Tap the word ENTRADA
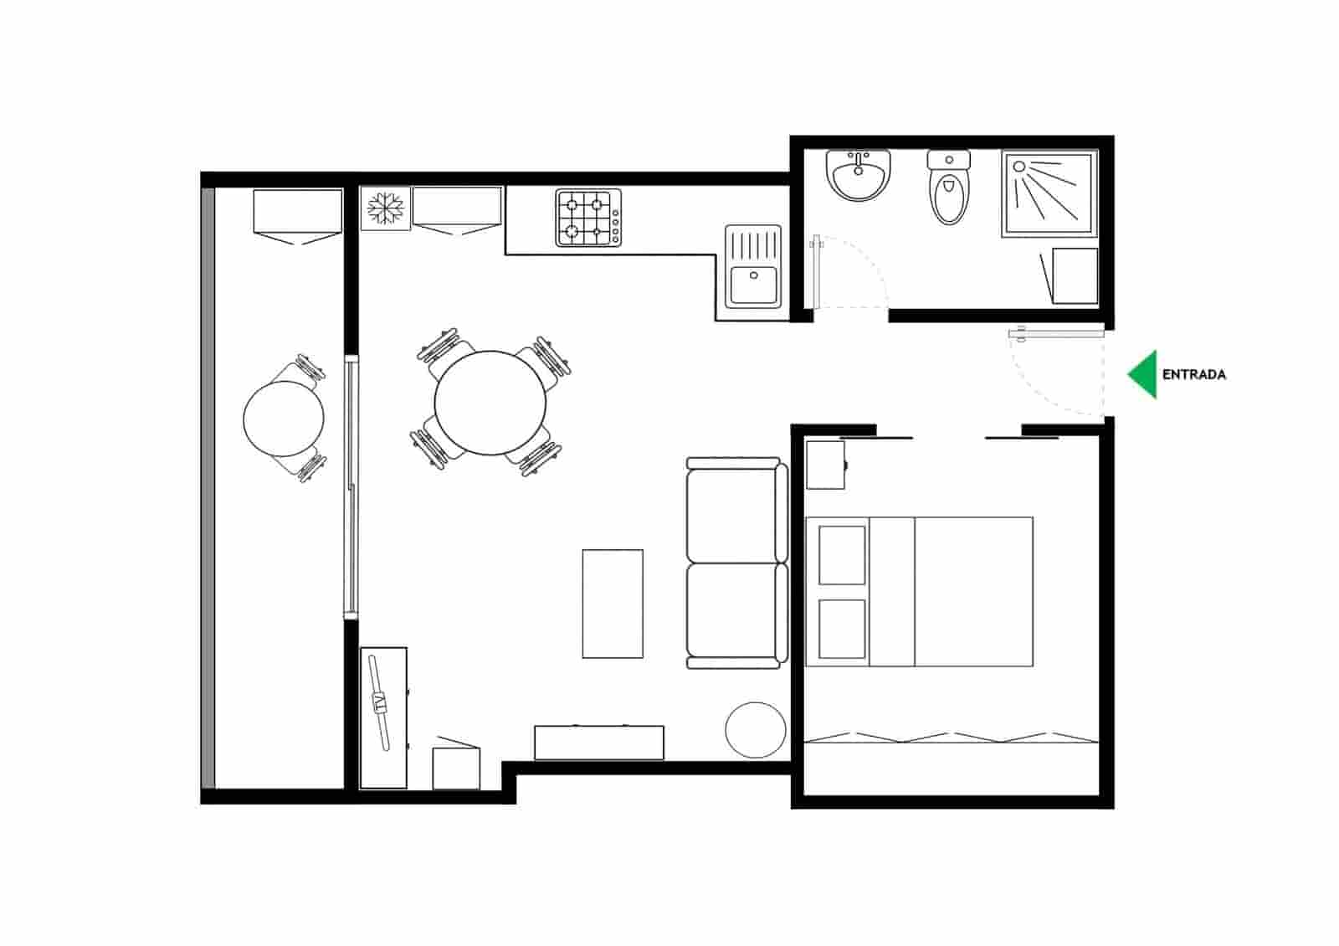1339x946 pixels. (x=1193, y=375)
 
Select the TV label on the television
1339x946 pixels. (x=382, y=702)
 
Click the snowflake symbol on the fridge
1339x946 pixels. (x=386, y=208)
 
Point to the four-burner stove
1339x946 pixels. (x=589, y=218)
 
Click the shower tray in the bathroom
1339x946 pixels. (x=1049, y=194)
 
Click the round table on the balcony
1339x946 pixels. (x=284, y=419)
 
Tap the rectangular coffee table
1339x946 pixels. (x=613, y=604)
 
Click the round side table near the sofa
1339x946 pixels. (x=756, y=731)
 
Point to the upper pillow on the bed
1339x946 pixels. (x=841, y=555)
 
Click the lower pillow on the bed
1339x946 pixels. (x=841, y=629)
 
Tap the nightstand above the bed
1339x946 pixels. (x=825, y=465)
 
